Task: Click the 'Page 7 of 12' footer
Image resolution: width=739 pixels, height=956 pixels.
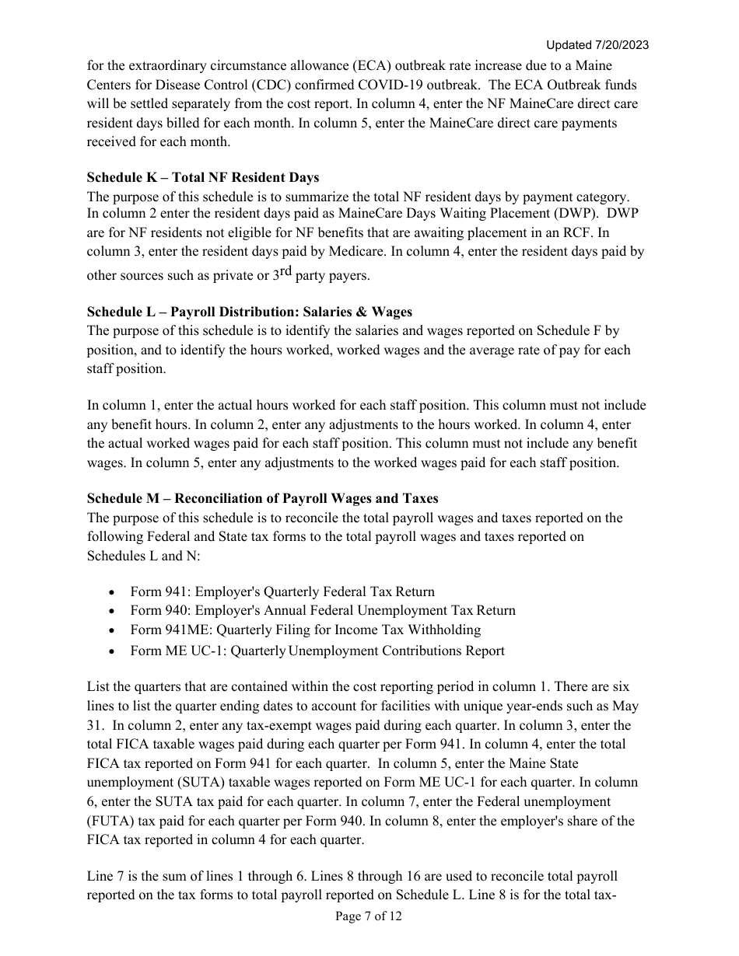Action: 369,916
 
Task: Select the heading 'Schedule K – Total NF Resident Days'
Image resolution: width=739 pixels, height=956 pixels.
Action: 202,177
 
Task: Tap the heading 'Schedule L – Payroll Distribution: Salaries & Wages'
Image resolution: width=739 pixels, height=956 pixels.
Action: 249,312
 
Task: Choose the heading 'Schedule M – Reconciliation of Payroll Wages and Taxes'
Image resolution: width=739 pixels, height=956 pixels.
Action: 262,498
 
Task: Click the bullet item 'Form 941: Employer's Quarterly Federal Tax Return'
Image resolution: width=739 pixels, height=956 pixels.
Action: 282,591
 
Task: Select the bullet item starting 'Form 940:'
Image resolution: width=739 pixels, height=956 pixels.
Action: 322,611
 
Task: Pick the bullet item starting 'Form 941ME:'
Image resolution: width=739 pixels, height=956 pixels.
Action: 305,630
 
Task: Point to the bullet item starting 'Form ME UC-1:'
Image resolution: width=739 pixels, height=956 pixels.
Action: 317,651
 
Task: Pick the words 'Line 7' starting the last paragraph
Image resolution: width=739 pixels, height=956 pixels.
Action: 105,876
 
